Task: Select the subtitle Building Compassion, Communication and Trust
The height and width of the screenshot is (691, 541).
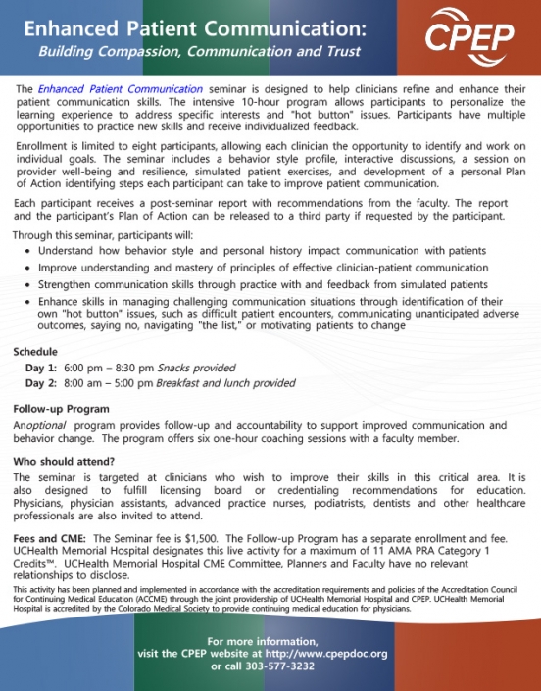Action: [186, 51]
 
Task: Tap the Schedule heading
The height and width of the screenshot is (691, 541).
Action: [35, 351]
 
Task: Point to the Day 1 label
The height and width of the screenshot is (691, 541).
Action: [41, 368]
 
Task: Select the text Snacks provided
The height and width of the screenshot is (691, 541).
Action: [200, 368]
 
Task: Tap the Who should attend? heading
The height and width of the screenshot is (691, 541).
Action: [64, 461]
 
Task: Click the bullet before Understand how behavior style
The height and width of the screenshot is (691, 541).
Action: [28, 251]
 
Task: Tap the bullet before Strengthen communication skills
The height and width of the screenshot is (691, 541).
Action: [28, 283]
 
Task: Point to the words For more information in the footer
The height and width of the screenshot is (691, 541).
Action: [270, 640]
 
